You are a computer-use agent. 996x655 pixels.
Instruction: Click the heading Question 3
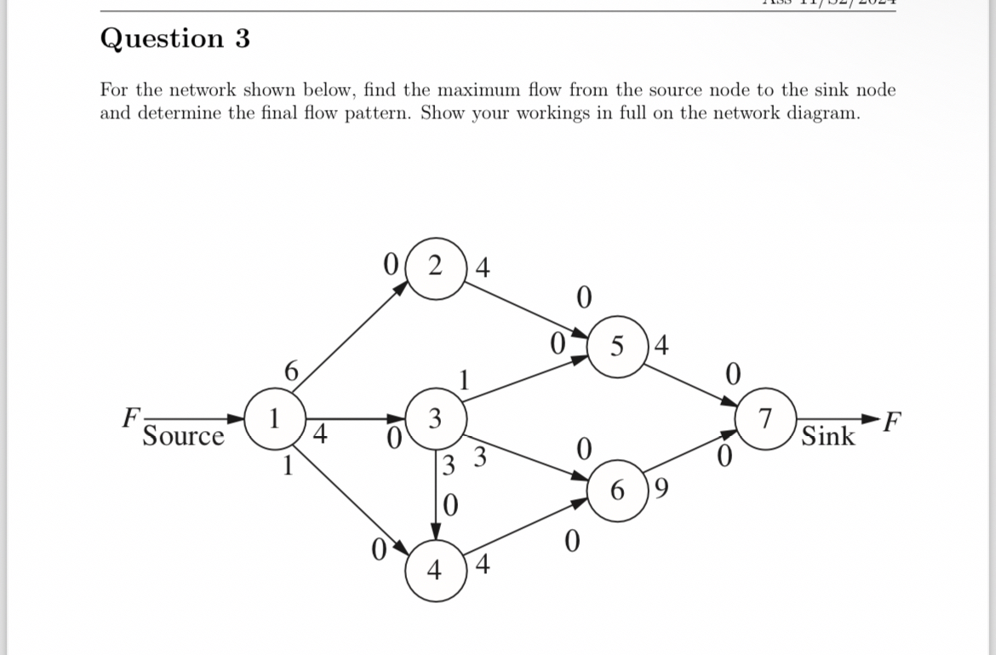[175, 38]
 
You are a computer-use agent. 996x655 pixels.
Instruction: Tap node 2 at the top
[436, 267]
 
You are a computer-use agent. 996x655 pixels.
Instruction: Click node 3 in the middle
[435, 418]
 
